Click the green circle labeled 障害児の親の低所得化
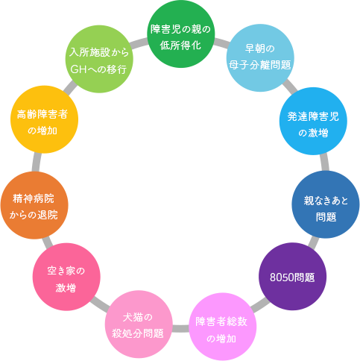pyautogui.click(x=180, y=34)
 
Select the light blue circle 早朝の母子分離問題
pyautogui.click(x=260, y=57)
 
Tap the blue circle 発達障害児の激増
pyautogui.click(x=313, y=121)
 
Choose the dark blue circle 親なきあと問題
pyautogui.click(x=326, y=204)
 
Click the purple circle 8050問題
pyautogui.click(x=292, y=277)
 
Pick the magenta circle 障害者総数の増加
pyautogui.click(x=222, y=327)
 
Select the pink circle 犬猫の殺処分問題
pyautogui.click(x=139, y=324)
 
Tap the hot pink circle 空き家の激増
pyautogui.click(x=66, y=277)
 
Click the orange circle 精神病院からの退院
pyautogui.click(x=34, y=205)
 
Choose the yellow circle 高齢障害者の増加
pyautogui.click(x=44, y=119)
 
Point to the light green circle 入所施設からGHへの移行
pyautogui.click(x=99, y=59)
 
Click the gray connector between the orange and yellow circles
pyautogui.click(x=37, y=163)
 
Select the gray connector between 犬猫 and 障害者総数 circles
pyautogui.click(x=180, y=328)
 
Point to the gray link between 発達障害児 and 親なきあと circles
pyautogui.click(x=324, y=163)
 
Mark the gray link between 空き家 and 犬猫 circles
pyautogui.click(x=100, y=304)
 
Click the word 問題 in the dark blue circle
pyautogui.click(x=326, y=217)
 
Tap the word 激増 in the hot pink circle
pyautogui.click(x=66, y=288)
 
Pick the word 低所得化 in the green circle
pyautogui.click(x=180, y=45)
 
